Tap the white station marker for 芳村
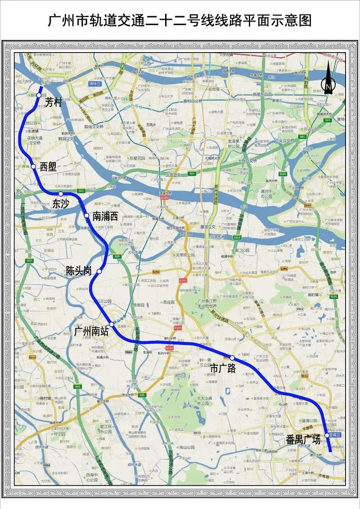pyautogui.click(x=39, y=89)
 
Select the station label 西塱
pyautogui.click(x=48, y=167)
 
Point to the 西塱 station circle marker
pyautogui.click(x=33, y=166)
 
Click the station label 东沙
pyautogui.click(x=61, y=203)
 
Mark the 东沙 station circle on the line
pyautogui.click(x=61, y=194)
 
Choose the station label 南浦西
pyautogui.click(x=105, y=216)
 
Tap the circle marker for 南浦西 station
pyautogui.click(x=87, y=216)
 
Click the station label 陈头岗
pyautogui.click(x=79, y=271)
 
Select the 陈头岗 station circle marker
pyautogui.click(x=99, y=272)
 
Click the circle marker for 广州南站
pyautogui.click(x=111, y=324)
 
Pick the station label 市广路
pyautogui.click(x=223, y=368)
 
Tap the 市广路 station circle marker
pyautogui.click(x=232, y=357)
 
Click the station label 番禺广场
pyautogui.click(x=303, y=439)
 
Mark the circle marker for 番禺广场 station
pyautogui.click(x=327, y=435)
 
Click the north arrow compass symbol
pyautogui.click(x=328, y=78)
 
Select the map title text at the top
pyautogui.click(x=180, y=21)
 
